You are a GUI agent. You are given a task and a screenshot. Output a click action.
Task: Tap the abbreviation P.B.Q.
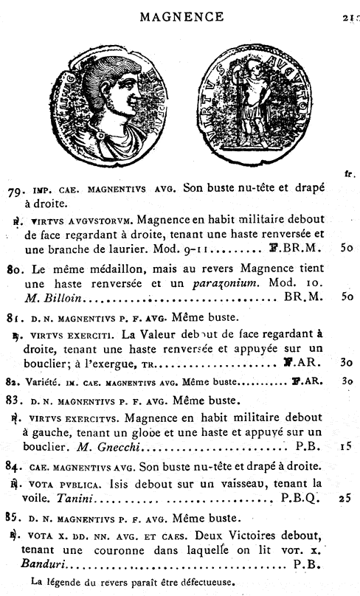pos(300,499)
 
